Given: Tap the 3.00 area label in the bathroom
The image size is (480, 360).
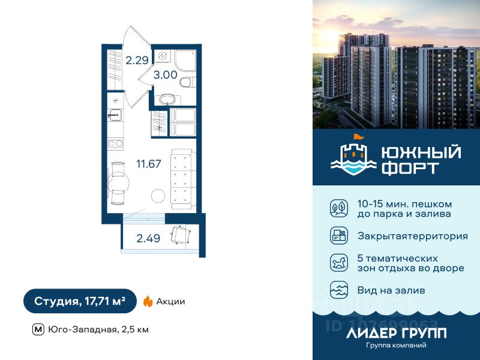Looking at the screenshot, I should click(x=165, y=75).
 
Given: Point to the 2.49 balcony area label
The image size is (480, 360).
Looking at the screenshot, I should click(x=148, y=238).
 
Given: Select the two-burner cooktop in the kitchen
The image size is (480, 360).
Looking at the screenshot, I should click(x=115, y=144).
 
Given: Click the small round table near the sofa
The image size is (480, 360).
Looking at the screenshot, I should click(x=158, y=196).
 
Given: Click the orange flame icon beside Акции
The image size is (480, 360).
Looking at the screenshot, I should click(x=148, y=302).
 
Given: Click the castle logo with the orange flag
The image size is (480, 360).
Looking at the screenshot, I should click(x=352, y=155).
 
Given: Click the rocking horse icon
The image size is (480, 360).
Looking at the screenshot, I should click(x=338, y=262).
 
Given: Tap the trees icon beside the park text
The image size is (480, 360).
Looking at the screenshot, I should click(x=338, y=208).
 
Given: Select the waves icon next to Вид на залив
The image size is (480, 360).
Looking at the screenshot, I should click(x=338, y=290).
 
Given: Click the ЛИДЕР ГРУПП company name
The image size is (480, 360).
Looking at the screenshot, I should click(x=396, y=332).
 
